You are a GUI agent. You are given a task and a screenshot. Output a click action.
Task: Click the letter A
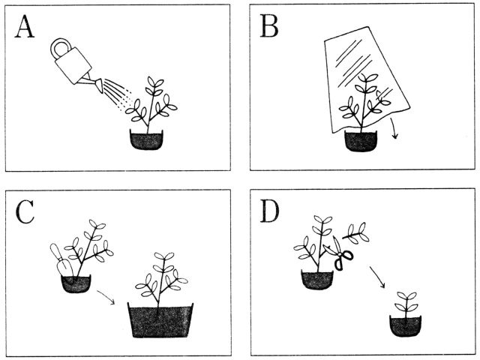25,27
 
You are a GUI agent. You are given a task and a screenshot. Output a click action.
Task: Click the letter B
269,27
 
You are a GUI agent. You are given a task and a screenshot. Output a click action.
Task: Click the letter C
25,212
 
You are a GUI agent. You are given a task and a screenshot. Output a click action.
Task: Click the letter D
270,211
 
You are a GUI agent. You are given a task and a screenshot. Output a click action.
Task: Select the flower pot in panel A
147,140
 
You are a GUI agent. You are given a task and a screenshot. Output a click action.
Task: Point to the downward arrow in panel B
394,128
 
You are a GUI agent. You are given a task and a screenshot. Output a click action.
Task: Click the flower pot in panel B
361,141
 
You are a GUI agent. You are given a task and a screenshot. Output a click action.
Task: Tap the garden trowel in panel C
62,261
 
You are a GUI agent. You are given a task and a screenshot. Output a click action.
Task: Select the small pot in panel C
76,283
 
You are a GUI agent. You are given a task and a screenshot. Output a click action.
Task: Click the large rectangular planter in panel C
160,320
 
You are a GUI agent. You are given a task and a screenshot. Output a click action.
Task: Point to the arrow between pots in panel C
106,297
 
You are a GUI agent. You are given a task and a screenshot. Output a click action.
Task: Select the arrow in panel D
377,277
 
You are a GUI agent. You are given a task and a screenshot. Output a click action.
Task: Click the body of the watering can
73,64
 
